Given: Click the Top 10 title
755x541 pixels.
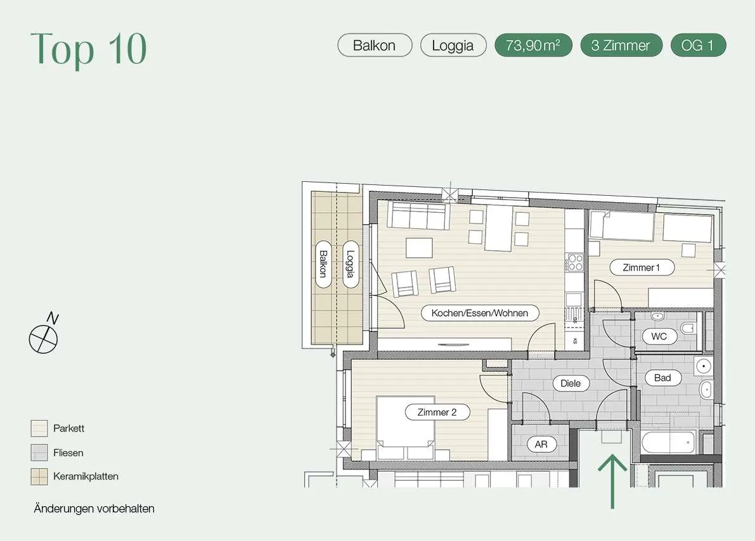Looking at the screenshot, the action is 89,49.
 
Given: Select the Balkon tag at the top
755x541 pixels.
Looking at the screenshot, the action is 375,45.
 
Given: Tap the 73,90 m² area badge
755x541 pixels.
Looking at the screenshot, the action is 534,45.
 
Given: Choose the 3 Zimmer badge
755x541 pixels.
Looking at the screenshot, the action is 621,45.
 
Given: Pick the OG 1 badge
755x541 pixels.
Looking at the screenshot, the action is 698,45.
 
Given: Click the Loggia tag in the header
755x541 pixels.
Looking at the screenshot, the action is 453,45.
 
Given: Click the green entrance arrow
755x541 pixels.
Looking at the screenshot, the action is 612,481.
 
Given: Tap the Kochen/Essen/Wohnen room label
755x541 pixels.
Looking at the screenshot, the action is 480,313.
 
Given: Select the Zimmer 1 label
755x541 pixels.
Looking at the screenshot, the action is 642,267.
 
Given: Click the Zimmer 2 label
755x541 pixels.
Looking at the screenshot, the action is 437,412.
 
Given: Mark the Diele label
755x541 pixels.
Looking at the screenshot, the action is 571,383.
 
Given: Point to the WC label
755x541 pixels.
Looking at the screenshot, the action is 659,336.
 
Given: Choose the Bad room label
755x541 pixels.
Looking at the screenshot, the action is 662,378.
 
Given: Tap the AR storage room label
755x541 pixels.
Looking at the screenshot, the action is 541,444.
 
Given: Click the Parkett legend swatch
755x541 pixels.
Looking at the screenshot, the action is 39,428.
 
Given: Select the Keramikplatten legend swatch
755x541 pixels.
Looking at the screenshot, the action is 39,476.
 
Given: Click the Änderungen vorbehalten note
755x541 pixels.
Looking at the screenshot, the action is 94,508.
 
